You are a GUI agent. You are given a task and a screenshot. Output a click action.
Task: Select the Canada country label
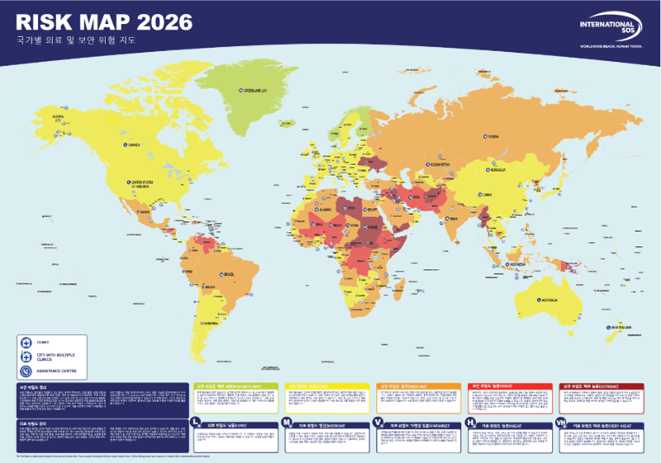point(133,145)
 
